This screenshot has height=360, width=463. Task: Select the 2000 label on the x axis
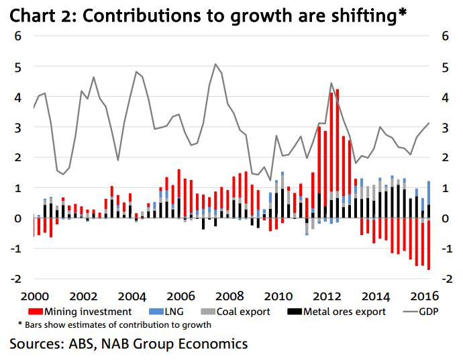tap(33, 296)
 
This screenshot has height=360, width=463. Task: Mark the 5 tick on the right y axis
tap(444, 66)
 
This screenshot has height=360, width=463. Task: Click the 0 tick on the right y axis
tap(444, 218)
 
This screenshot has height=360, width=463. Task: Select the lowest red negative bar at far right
tap(429, 245)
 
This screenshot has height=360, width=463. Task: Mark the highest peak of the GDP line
tap(215, 64)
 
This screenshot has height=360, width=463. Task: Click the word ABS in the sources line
tap(86, 344)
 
